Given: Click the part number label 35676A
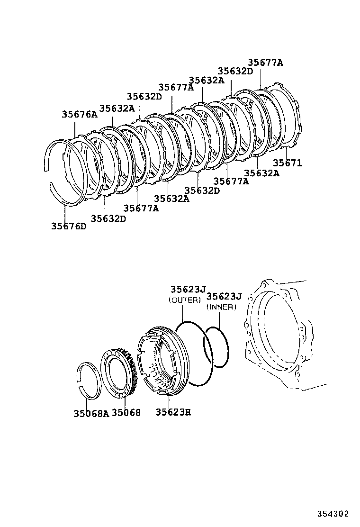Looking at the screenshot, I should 79,114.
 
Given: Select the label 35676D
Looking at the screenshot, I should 69,226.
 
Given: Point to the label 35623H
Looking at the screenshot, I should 173,412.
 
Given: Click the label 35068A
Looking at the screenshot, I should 91,413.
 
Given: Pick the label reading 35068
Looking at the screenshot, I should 126,413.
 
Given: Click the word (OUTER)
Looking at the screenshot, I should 185,300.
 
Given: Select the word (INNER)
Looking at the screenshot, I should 221,307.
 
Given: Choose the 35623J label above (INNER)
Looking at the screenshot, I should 224,297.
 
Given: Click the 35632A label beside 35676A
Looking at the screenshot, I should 117,109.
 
